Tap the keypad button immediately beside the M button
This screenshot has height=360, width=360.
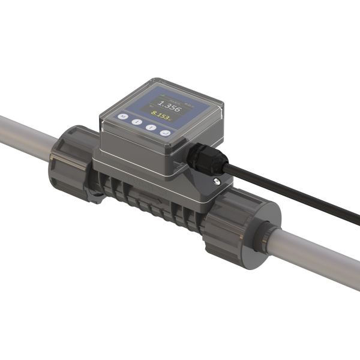tap(137, 122)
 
